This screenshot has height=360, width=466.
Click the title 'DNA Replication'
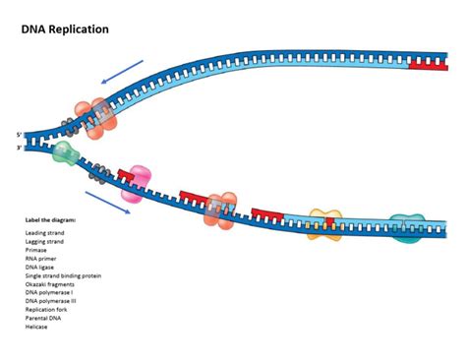[65, 30]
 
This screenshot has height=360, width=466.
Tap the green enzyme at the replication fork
[65, 151]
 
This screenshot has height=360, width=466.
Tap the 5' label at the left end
[19, 134]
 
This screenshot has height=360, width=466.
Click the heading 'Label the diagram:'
[50, 220]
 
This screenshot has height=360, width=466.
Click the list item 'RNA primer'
[41, 260]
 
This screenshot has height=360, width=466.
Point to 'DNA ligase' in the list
[40, 268]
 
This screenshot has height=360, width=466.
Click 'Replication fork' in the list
[46, 310]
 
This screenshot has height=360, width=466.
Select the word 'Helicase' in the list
[36, 327]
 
